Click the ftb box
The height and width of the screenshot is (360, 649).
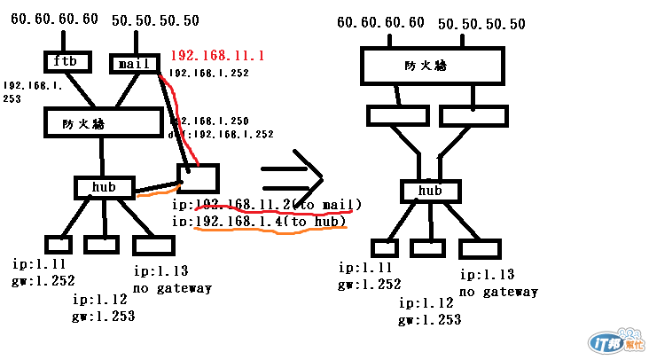66,63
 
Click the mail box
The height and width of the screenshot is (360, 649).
135,64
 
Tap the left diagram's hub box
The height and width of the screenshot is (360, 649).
105,187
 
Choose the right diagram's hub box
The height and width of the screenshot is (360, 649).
430,191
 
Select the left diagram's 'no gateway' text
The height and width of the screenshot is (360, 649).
173,287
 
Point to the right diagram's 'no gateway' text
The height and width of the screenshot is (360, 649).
498,291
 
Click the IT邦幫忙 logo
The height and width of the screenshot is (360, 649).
613,342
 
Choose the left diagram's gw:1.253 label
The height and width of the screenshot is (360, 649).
105,316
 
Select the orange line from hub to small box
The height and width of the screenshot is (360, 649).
156,190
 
